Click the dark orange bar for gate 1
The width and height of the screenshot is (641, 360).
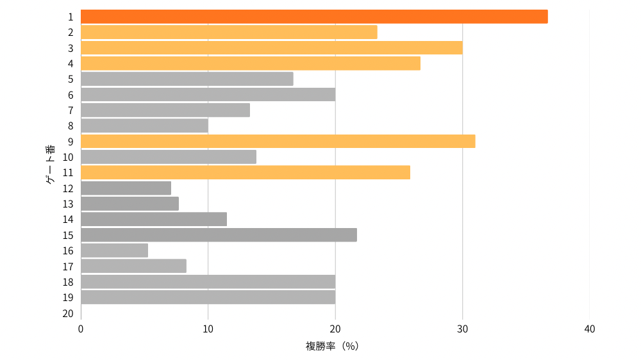314,17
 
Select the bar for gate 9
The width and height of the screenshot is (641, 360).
278,142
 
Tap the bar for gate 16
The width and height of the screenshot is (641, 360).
114,250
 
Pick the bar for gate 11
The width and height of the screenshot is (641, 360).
246,172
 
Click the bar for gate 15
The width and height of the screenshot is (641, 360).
219,235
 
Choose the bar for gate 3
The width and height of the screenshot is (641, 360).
271,48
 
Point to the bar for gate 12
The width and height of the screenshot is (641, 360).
126,188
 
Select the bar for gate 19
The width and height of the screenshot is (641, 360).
208,297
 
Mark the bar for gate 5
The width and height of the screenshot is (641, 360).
187,79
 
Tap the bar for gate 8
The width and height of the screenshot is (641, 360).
144,126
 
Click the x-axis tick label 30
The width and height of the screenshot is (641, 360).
462,329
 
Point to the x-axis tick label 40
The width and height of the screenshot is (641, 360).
590,329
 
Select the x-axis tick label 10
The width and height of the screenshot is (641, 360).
208,329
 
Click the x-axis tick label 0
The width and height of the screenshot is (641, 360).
81,329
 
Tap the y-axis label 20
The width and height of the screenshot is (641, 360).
68,313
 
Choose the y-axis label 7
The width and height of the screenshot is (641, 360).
71,110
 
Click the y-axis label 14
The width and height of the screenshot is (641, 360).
68,220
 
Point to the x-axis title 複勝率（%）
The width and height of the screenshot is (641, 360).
331,347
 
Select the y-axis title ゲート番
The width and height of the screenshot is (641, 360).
50,165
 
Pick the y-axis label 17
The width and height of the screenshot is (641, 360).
68,266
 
